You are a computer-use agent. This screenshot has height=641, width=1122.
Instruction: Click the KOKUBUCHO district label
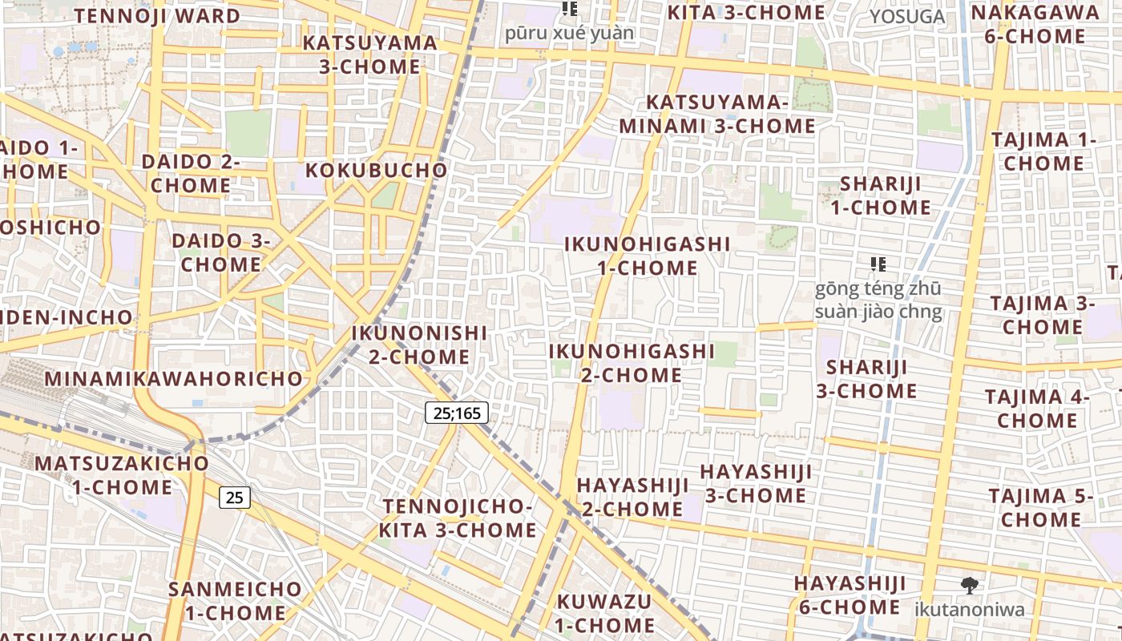[376, 171]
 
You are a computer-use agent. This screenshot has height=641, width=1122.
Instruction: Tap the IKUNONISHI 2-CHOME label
[420, 345]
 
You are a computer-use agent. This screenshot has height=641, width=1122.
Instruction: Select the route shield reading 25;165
[456, 413]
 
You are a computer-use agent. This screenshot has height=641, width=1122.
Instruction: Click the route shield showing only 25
[235, 498]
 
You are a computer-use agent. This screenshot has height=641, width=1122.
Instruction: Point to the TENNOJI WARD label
[158, 16]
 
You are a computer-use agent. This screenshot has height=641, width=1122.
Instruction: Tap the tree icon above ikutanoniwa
[970, 586]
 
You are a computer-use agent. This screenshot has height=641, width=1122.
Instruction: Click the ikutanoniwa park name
[970, 610]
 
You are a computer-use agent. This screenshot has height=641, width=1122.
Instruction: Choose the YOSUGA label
[907, 17]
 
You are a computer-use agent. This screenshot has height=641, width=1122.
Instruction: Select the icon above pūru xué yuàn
[570, 9]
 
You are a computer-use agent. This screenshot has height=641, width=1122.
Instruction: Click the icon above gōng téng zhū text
[878, 264]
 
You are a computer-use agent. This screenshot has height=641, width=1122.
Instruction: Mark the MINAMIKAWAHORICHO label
[174, 379]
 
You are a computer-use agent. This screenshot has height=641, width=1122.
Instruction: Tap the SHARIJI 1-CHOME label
[880, 196]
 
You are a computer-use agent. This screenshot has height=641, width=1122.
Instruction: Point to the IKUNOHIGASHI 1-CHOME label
[648, 256]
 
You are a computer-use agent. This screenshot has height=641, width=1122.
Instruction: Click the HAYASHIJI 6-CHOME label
[850, 595]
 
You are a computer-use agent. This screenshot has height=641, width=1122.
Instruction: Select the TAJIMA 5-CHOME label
[1040, 508]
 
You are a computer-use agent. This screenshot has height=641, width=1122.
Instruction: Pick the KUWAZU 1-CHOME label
[605, 613]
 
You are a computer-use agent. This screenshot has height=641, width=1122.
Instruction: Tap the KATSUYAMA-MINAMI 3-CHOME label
[717, 114]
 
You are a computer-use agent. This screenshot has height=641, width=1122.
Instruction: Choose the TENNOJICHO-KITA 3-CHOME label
[458, 518]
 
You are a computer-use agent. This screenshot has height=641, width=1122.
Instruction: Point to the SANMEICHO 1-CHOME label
[235, 601]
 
